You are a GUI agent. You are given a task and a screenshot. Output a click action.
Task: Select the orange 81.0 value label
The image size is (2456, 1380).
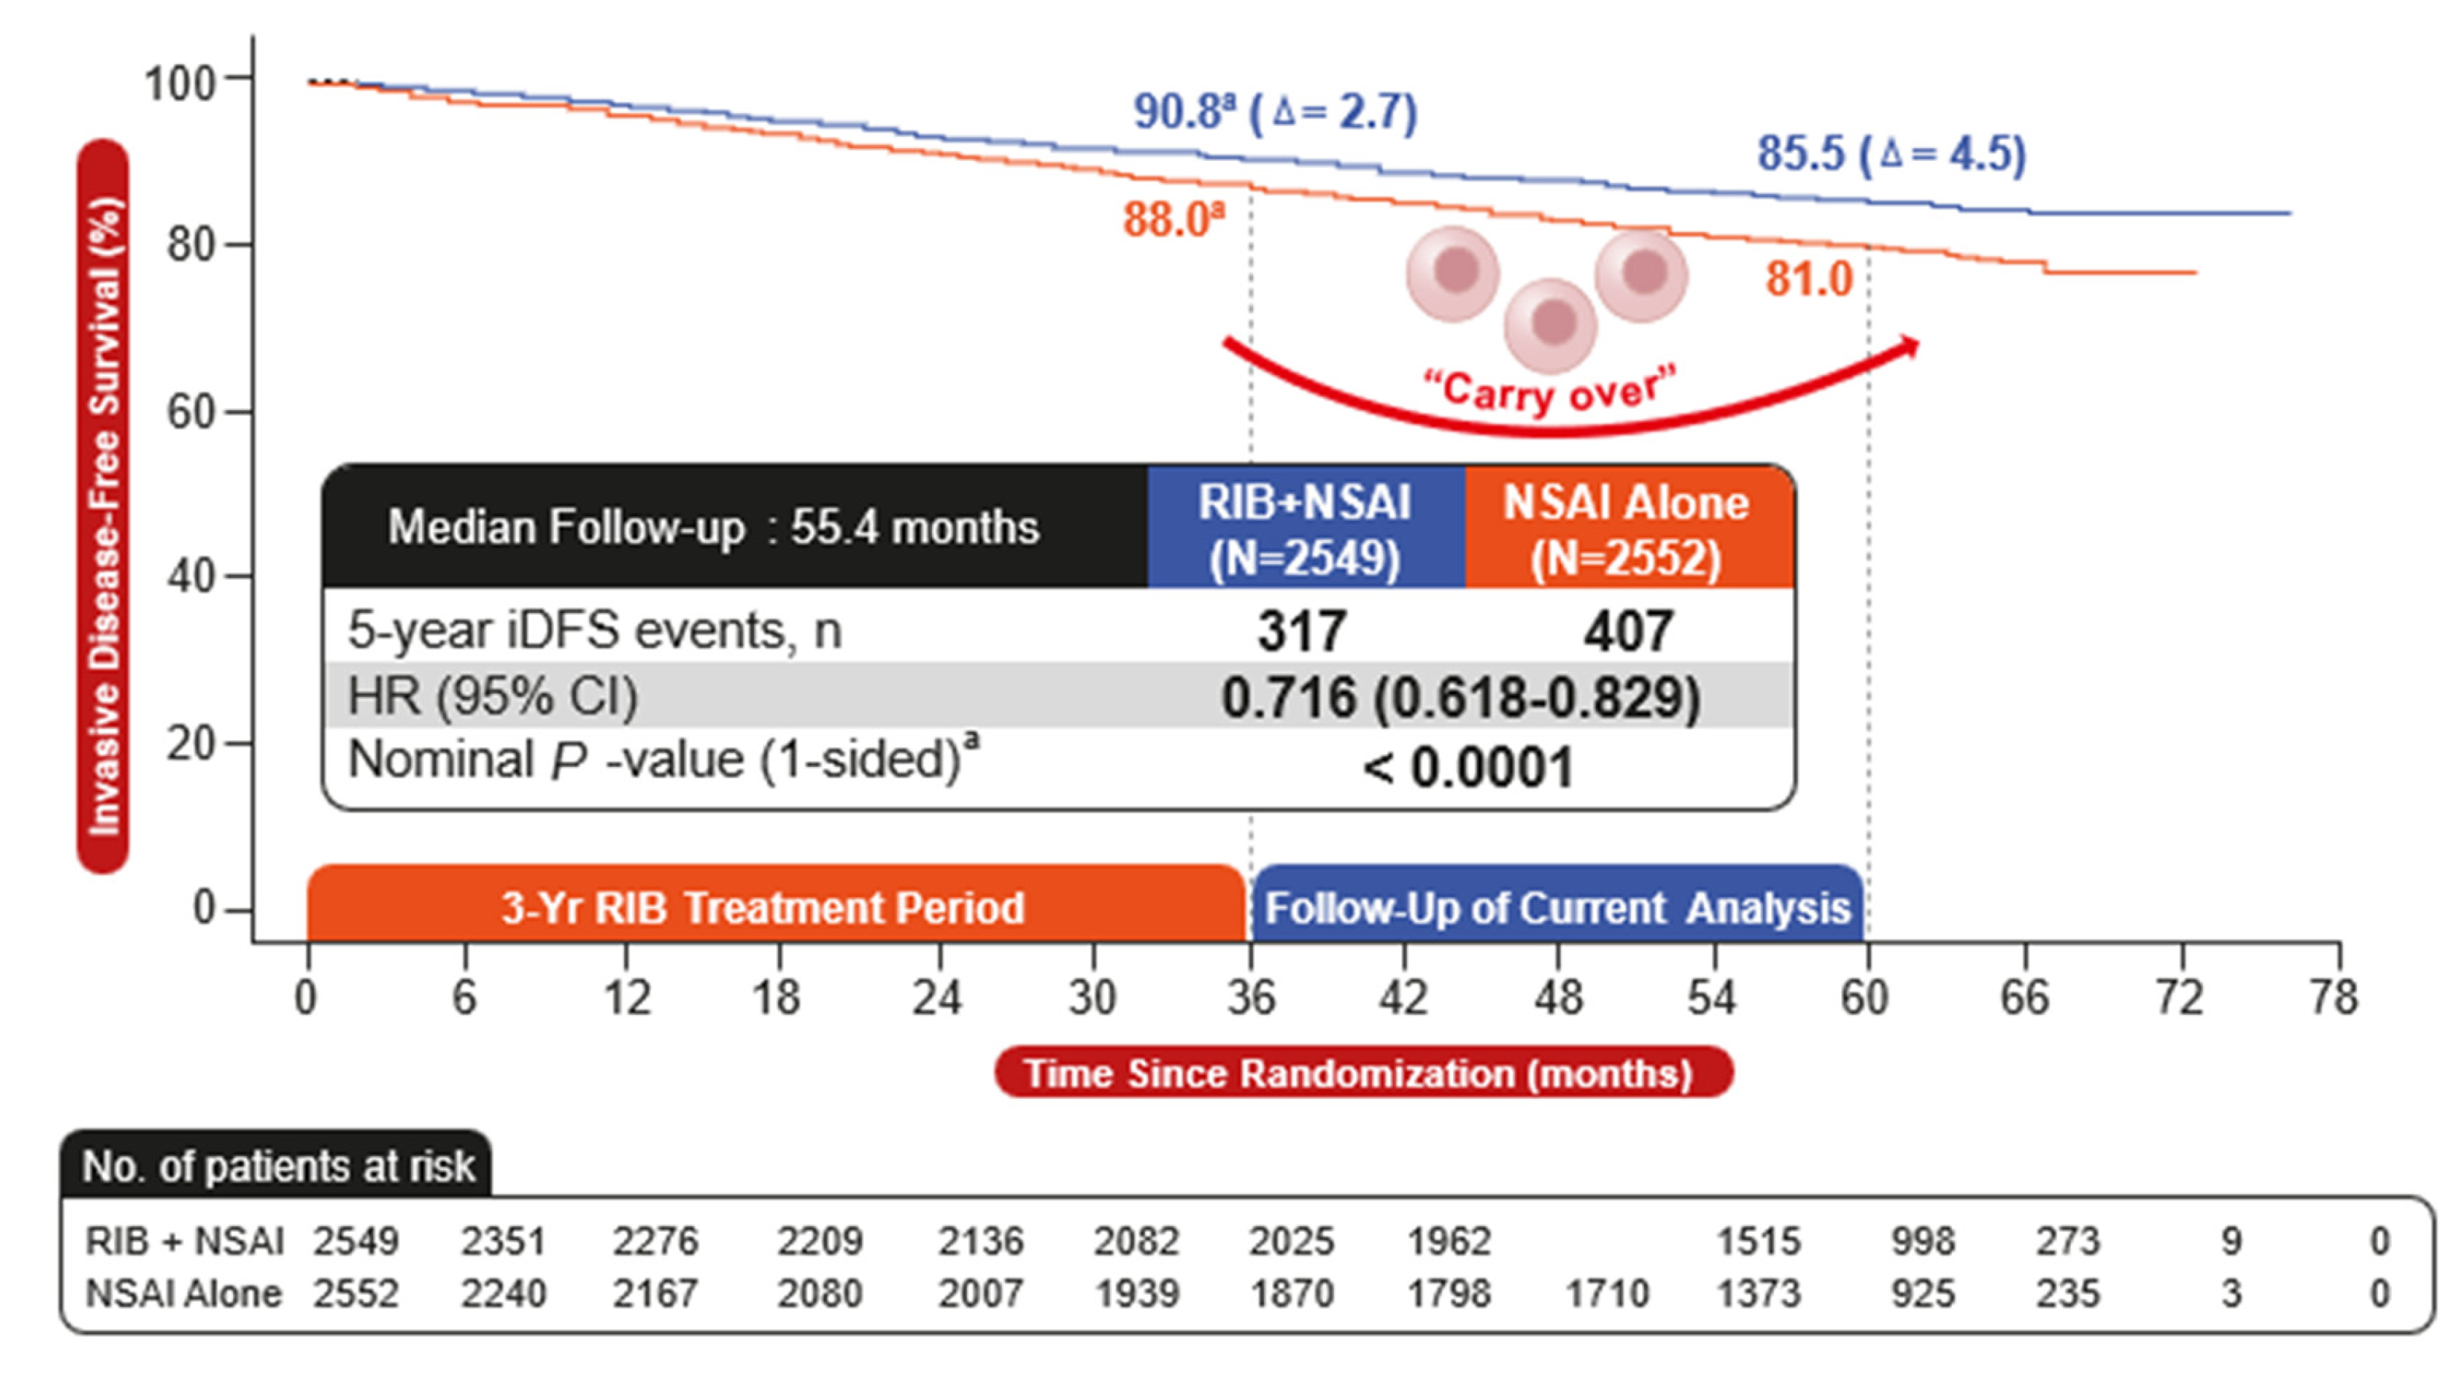click(x=1808, y=279)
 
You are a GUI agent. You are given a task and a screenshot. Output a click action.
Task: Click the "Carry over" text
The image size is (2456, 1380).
click(x=1549, y=391)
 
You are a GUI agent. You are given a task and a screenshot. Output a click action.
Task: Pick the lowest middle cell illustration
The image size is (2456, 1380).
click(x=1551, y=324)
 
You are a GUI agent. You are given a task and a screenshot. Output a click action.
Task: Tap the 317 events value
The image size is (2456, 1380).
click(x=1302, y=631)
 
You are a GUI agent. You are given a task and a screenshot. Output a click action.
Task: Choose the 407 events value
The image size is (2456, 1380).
click(x=1628, y=631)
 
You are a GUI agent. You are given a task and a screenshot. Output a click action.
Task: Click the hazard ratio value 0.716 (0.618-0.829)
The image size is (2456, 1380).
click(x=1461, y=698)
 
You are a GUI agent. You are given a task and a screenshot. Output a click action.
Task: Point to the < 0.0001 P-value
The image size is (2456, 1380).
click(x=1468, y=767)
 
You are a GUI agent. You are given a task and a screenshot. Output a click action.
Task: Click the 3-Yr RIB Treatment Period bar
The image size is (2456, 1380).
click(x=776, y=905)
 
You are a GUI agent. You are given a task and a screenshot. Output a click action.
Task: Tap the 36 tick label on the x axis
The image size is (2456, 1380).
click(x=1251, y=998)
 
